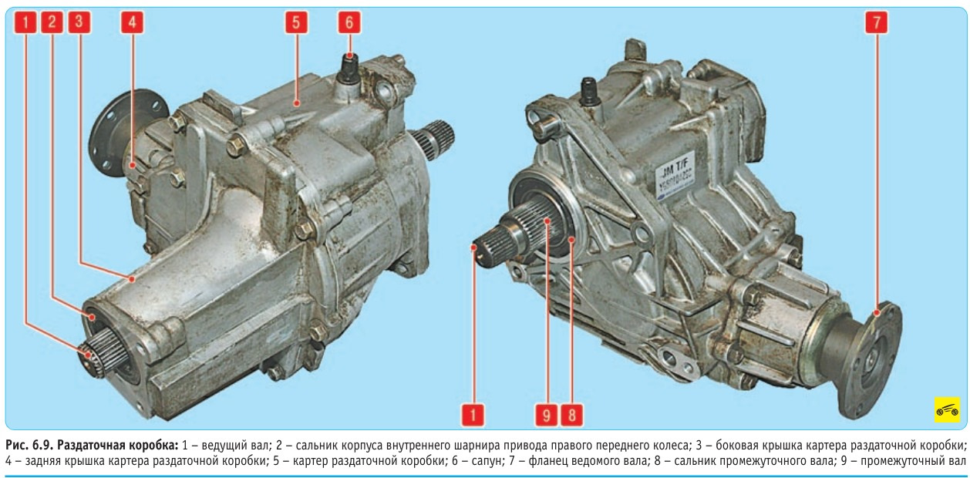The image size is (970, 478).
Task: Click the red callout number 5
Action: [296, 22]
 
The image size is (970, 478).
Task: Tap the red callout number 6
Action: [349, 22]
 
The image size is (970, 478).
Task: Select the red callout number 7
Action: [877, 22]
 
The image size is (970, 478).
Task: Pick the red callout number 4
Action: [132, 22]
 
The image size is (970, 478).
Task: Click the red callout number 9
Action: [546, 415]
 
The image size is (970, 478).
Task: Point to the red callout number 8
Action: [571, 415]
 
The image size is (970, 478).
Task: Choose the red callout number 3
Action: [79, 22]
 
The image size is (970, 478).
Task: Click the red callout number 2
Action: [52, 22]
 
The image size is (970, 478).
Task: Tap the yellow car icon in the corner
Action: [947, 409]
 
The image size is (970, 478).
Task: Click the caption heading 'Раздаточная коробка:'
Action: [118, 445]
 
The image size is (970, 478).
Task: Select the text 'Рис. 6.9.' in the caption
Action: [29, 445]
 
